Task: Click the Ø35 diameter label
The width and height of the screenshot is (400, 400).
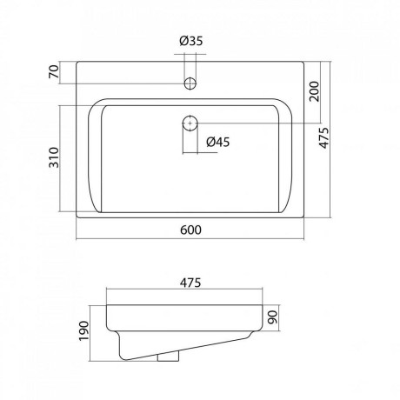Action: [x=191, y=41]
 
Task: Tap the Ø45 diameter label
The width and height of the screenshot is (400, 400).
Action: [x=218, y=142]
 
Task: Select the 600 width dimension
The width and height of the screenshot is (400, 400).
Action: [x=190, y=230]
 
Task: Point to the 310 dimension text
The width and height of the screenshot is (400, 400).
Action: [x=54, y=157]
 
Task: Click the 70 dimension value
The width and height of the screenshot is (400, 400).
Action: [x=54, y=72]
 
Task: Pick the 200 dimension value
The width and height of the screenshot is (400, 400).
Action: [x=314, y=91]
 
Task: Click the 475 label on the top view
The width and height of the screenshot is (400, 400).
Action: [x=324, y=138]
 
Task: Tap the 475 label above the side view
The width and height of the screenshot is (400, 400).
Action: [x=190, y=283]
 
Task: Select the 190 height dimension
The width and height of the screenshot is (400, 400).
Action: [x=83, y=331]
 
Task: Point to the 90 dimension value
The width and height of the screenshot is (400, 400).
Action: [x=273, y=317]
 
